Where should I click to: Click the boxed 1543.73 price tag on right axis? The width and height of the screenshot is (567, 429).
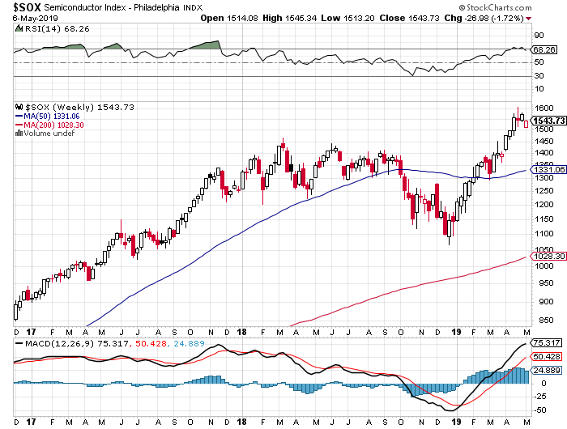[x=548, y=121]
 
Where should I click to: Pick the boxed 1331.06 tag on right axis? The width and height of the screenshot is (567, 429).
[x=548, y=170]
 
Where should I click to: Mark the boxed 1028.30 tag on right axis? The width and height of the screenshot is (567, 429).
[x=548, y=257]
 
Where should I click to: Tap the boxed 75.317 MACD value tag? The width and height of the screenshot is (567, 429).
[x=548, y=343]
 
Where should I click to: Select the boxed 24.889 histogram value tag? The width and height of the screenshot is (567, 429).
[x=548, y=368]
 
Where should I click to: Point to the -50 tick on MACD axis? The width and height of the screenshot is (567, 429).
[x=539, y=411]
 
